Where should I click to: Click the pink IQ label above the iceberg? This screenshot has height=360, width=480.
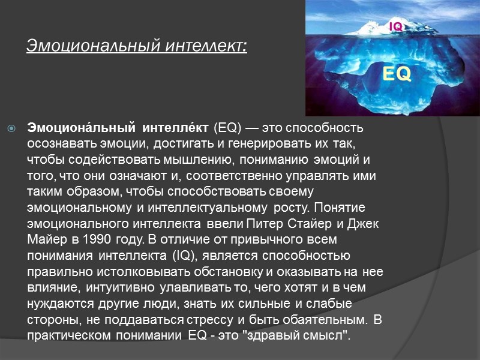pyautogui.click(x=396, y=27)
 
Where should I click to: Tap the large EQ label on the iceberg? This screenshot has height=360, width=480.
pyautogui.click(x=397, y=74)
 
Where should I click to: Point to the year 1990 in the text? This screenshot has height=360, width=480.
pyautogui.click(x=98, y=239)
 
